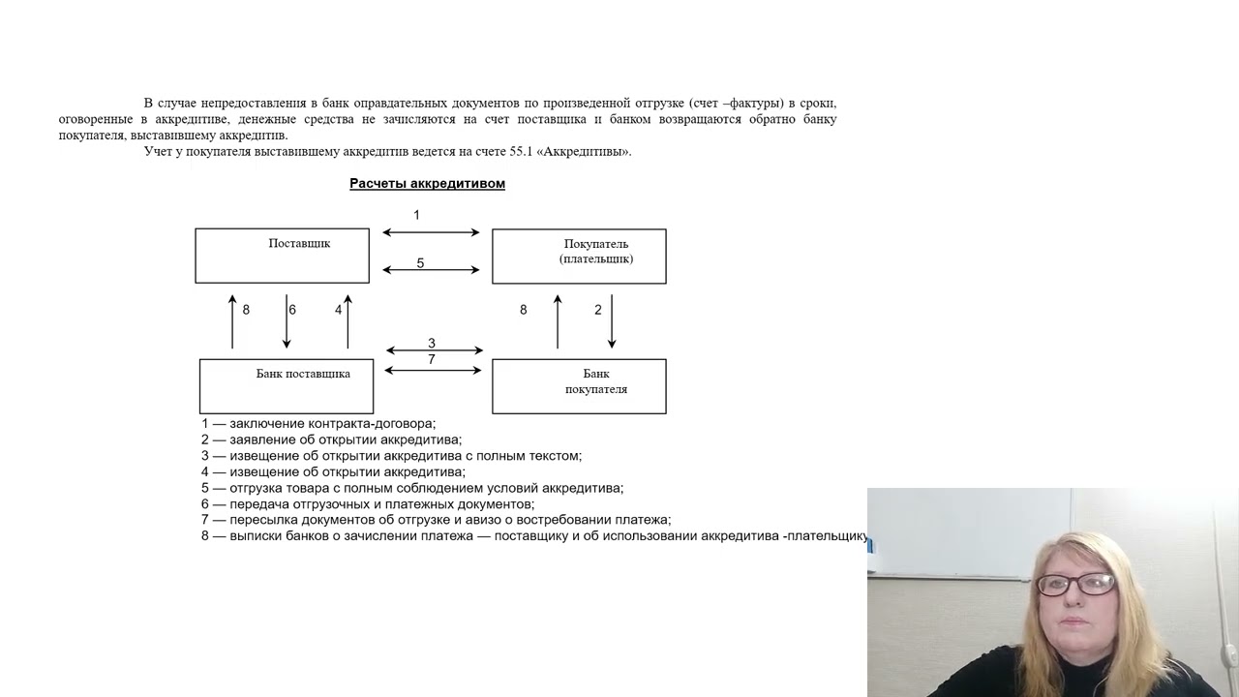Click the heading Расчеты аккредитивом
(x=427, y=183)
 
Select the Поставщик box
(x=282, y=256)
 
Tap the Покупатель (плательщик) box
(x=579, y=256)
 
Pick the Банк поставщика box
(x=287, y=385)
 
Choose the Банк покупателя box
(x=579, y=385)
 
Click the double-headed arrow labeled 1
(x=431, y=232)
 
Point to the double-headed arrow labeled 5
(x=431, y=270)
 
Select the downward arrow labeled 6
(x=287, y=321)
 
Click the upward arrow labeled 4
(x=348, y=321)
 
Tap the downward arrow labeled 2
(x=612, y=321)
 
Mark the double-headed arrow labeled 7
(x=434, y=371)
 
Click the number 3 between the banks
(x=432, y=343)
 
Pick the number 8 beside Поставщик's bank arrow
(x=246, y=310)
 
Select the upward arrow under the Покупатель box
(x=558, y=321)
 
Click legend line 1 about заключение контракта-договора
(x=318, y=423)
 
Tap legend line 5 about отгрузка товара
(x=412, y=488)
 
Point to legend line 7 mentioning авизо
(x=436, y=520)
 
